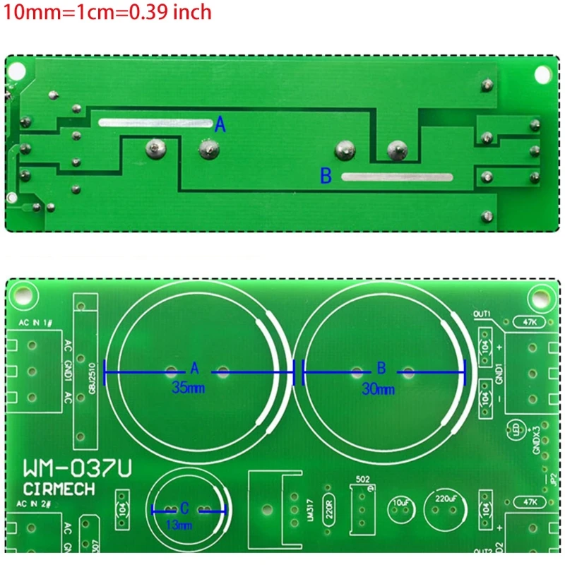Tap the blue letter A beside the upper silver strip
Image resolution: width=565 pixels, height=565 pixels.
220,126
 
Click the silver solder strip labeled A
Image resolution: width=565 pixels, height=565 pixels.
156,122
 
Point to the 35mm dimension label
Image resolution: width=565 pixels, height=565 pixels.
186,388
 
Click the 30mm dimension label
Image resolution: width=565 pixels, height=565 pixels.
378,388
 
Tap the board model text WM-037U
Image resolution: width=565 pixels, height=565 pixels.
76,469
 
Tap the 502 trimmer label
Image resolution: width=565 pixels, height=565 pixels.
363,479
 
